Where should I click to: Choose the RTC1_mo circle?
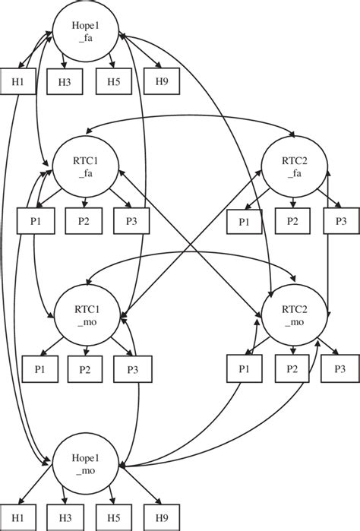pyautogui.click(x=86, y=319)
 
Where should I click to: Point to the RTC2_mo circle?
pyautogui.click(x=293, y=319)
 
